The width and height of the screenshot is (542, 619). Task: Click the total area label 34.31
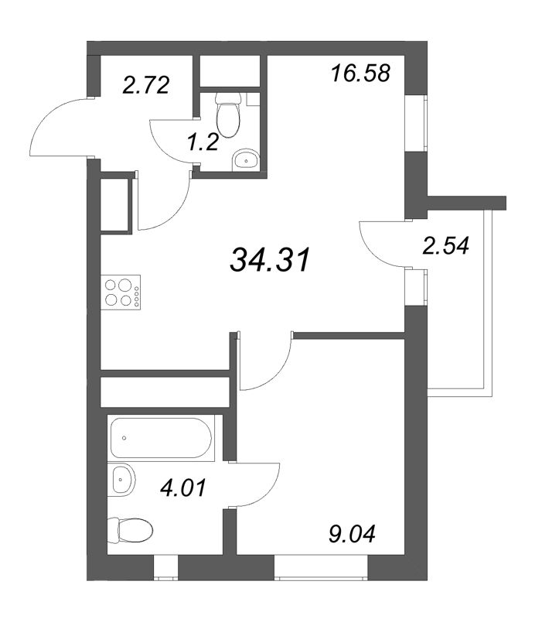click(270, 260)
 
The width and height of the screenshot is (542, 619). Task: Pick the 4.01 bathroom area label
click(182, 488)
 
